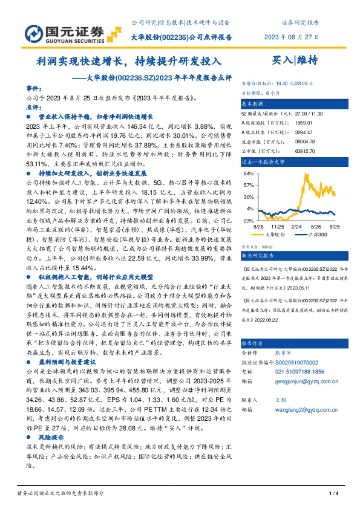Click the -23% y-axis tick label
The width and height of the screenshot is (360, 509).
[248, 221]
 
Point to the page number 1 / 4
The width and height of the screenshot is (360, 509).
[332, 494]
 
